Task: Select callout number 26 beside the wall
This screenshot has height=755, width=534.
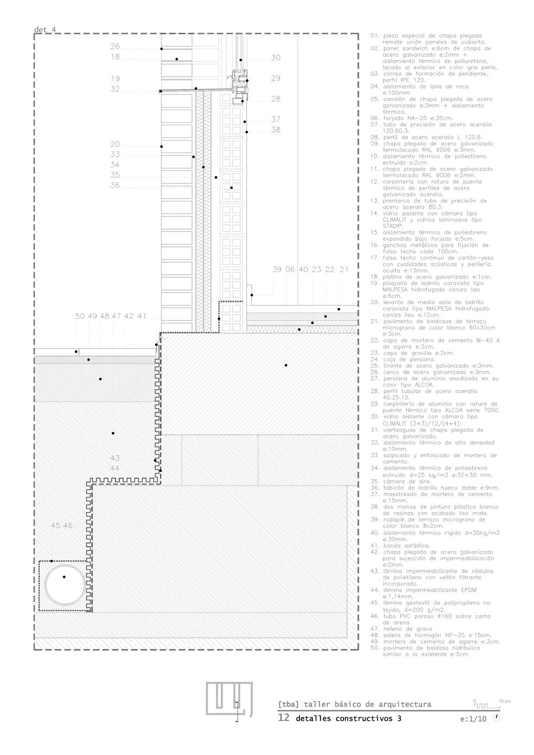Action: point(115,47)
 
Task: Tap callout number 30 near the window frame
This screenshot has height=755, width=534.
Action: point(276,58)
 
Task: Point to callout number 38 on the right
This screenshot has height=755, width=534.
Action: point(276,130)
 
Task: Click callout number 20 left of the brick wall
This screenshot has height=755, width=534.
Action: point(115,144)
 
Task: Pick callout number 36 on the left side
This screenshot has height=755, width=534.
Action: point(115,185)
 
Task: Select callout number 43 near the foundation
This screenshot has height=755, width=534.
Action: point(115,458)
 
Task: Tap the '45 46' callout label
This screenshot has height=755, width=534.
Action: point(61,525)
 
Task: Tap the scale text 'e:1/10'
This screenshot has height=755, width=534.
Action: point(473,719)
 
